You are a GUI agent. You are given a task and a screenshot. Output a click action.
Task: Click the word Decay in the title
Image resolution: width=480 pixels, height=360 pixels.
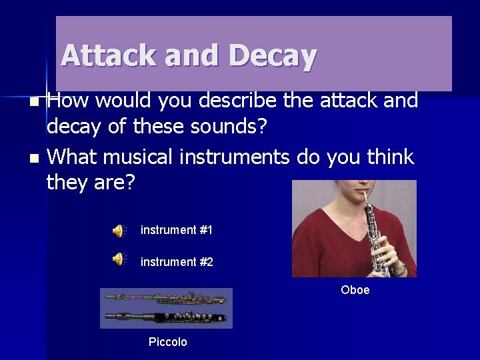click(272, 56)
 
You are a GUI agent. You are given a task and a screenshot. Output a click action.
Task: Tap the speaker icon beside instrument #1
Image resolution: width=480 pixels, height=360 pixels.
click(118, 231)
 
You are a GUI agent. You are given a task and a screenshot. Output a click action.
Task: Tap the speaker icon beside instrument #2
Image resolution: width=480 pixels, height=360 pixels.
click(118, 260)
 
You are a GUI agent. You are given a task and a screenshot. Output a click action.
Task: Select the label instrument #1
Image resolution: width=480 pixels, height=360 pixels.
click(177, 230)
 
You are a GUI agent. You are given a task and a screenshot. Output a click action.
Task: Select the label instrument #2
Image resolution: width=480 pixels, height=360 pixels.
click(177, 262)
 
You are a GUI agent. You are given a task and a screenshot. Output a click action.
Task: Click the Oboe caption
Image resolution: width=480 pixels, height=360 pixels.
click(355, 290)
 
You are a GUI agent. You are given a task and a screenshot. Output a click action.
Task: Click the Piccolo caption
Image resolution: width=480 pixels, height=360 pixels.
click(167, 342)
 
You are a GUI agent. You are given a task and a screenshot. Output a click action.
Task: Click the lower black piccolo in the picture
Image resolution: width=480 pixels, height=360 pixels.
click(167, 317)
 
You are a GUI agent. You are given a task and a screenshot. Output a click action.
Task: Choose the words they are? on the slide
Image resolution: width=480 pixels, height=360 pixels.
click(91, 183)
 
